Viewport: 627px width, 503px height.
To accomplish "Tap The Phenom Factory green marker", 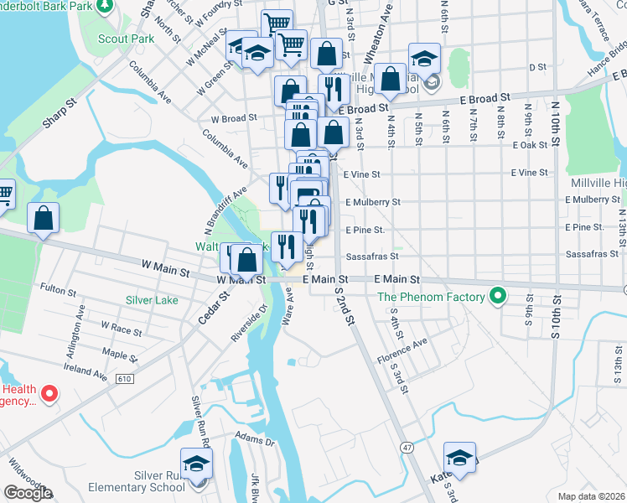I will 497,296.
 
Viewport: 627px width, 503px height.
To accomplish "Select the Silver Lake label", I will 152,300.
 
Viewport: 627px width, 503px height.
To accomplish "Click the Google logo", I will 28,493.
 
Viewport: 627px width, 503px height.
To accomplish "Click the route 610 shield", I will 125,379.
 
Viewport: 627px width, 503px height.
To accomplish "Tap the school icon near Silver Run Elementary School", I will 197,464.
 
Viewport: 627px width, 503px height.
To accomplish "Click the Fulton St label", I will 59,289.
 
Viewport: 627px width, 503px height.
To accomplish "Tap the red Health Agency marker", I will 49,392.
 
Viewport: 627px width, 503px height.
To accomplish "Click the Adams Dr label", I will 255,439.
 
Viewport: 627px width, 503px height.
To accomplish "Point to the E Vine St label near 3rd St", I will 362,174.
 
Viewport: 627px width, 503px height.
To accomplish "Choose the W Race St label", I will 121,325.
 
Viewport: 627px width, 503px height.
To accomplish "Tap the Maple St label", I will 119,353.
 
